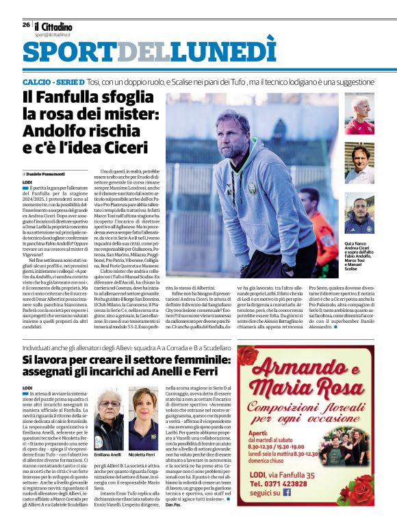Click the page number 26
click(x=26, y=25)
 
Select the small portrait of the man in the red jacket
click(x=359, y=114)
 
